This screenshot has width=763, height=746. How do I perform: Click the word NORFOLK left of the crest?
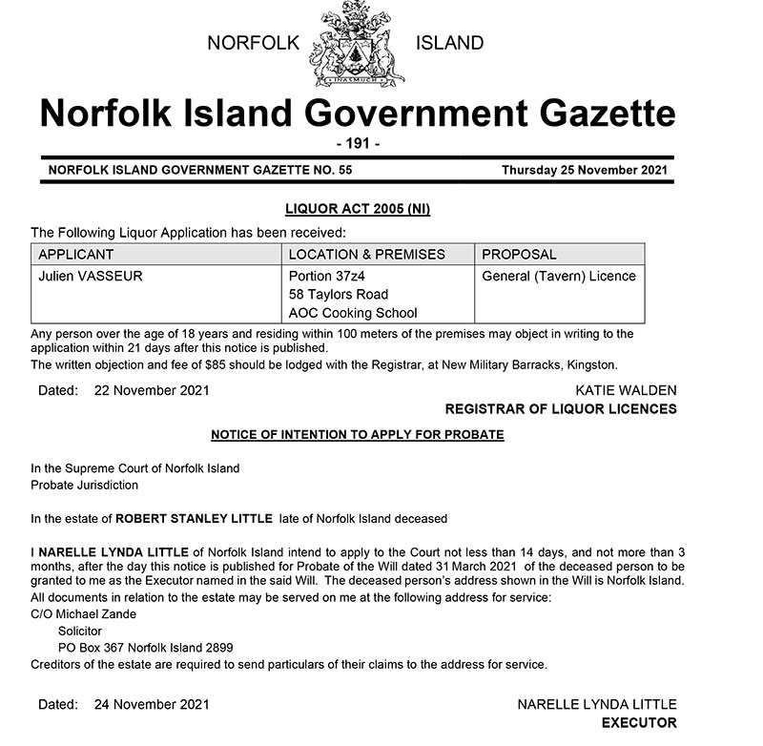(253, 43)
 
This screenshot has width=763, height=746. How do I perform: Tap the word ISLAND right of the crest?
(450, 43)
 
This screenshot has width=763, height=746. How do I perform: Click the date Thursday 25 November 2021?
(585, 170)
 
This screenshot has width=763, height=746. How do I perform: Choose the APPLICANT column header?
(75, 255)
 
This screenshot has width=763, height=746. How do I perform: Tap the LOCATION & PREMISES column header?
(366, 255)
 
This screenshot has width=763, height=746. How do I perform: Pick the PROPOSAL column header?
(519, 255)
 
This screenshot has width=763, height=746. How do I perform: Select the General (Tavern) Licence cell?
(559, 277)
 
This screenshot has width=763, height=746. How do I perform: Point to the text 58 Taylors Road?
(338, 295)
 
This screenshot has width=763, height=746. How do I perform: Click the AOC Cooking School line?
(353, 313)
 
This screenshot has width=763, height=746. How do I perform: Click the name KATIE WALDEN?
(626, 391)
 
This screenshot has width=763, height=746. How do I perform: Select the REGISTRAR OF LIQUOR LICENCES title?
(561, 409)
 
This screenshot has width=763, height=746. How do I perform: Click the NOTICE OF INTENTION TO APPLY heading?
(357, 435)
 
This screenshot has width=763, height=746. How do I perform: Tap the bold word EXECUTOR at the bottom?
(639, 723)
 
